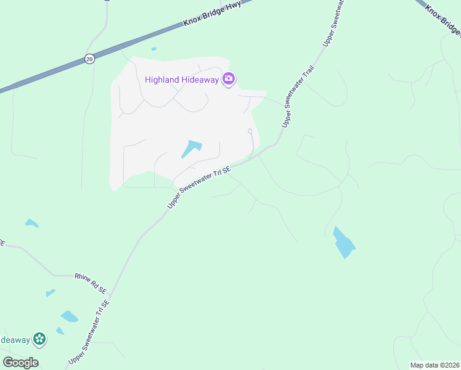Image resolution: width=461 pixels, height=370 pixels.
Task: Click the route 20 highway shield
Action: click(x=89, y=59)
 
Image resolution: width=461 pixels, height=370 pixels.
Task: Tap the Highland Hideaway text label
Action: click(x=183, y=79)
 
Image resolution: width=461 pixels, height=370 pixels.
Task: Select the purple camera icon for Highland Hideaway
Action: click(x=229, y=79)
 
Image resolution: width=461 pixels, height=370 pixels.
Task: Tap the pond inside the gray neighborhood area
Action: click(x=192, y=148)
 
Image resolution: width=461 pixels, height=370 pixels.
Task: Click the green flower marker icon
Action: click(x=39, y=339)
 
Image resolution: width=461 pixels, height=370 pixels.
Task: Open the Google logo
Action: click(x=20, y=363)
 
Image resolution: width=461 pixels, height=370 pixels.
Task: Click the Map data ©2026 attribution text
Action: click(x=434, y=365)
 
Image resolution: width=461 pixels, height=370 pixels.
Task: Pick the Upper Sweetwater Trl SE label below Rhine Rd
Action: click(x=89, y=331)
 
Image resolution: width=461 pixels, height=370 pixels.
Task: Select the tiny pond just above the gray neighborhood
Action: click(x=153, y=49)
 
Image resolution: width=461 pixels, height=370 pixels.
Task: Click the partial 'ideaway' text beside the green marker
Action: click(x=15, y=340)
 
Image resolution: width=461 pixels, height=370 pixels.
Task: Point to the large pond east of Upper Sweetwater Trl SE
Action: click(x=343, y=243)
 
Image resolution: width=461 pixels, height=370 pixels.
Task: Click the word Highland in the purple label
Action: click(x=162, y=79)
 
